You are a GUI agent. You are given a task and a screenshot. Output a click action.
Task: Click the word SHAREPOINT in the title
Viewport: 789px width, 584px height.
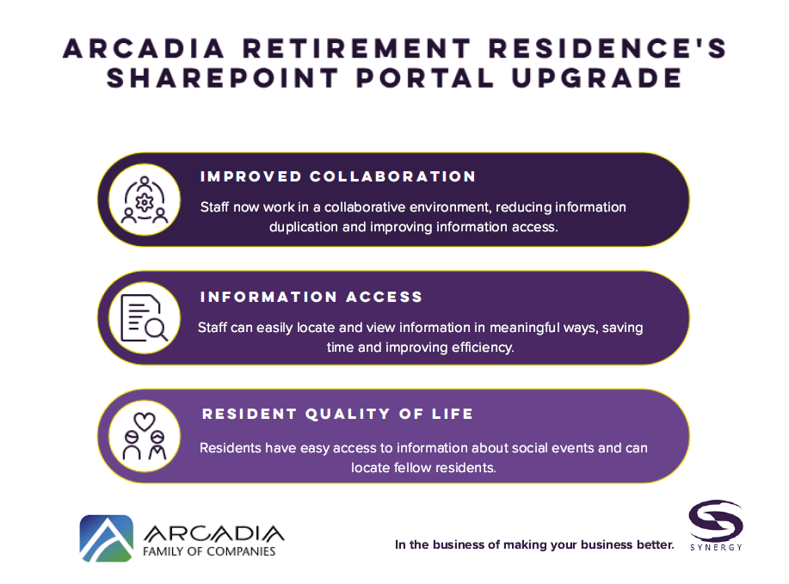pos(222,78)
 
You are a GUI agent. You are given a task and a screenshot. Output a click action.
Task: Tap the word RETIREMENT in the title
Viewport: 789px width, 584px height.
pos(357,48)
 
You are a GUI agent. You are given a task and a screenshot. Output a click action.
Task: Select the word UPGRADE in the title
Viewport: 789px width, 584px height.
pos(597,78)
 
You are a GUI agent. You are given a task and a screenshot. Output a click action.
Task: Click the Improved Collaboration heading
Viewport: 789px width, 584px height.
pos(337,176)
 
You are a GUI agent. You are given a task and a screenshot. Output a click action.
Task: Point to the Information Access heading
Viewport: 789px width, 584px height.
pos(311,297)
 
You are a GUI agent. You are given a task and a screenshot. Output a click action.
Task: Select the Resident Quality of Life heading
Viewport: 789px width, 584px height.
pos(337,414)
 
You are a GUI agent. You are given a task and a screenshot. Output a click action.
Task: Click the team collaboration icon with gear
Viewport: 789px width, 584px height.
pos(145,200)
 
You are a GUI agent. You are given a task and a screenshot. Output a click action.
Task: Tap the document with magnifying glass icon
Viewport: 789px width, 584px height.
pos(145,318)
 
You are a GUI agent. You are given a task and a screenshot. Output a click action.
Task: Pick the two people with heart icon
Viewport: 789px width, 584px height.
pos(145,436)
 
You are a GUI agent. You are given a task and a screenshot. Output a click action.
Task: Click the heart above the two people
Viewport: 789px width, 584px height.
pos(145,421)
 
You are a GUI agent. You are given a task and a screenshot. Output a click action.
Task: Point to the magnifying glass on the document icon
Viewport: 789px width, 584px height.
pos(156,330)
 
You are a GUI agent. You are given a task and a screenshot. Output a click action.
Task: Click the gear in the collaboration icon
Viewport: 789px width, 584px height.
pos(145,202)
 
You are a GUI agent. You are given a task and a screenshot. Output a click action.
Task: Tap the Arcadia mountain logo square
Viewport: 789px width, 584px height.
pos(106,538)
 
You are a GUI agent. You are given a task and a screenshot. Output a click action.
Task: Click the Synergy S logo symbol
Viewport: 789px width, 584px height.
pos(716,520)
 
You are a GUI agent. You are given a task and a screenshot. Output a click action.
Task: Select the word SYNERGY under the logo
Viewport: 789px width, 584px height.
pos(716,547)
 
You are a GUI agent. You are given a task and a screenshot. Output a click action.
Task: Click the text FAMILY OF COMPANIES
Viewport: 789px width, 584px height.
pos(209,551)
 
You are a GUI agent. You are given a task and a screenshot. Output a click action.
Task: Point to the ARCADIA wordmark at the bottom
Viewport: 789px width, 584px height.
pos(214,533)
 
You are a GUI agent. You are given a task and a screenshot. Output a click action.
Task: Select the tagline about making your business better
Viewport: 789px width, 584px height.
pos(534,544)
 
